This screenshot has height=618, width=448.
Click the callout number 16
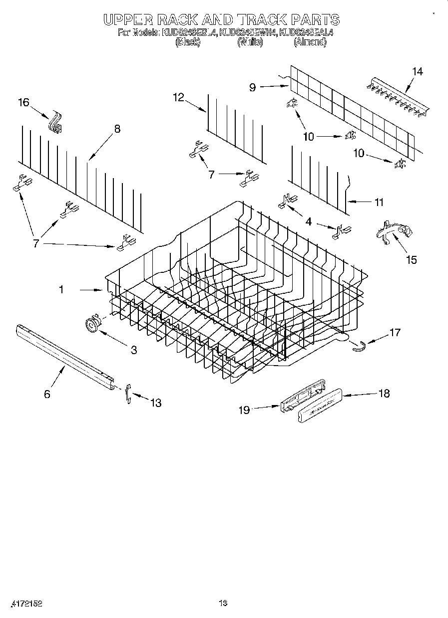[x=23, y=103]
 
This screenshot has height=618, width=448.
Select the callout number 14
[x=417, y=71]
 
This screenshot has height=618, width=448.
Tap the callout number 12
[x=179, y=97]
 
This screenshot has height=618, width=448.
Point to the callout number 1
[x=61, y=289]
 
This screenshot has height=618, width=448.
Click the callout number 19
[x=244, y=410]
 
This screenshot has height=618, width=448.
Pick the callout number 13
[x=156, y=403]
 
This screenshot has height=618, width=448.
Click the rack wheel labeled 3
[x=91, y=325]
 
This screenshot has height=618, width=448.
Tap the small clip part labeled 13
[x=128, y=394]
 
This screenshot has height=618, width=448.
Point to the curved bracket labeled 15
[x=395, y=232]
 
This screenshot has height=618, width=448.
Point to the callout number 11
[x=379, y=202]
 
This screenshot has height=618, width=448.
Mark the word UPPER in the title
[x=128, y=19]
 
